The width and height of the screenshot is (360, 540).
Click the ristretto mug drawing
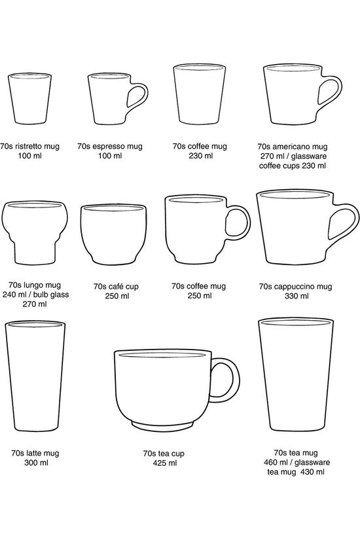(x=29, y=98)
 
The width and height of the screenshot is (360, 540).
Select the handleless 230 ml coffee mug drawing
(x=199, y=94)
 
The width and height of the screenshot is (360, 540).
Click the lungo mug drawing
(x=35, y=232)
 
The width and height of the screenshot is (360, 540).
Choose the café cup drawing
(x=113, y=234)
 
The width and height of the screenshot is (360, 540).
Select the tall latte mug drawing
(x=35, y=376)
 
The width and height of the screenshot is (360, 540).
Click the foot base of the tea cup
(x=163, y=426)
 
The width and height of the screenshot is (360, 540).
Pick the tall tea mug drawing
(x=296, y=374)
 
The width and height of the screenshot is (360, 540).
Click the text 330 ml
(x=297, y=296)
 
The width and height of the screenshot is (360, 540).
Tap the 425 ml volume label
(x=165, y=463)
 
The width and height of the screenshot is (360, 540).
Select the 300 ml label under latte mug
(x=36, y=463)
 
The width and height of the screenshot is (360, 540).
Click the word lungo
(x=34, y=285)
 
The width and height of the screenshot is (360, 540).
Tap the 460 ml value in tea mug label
(x=276, y=462)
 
